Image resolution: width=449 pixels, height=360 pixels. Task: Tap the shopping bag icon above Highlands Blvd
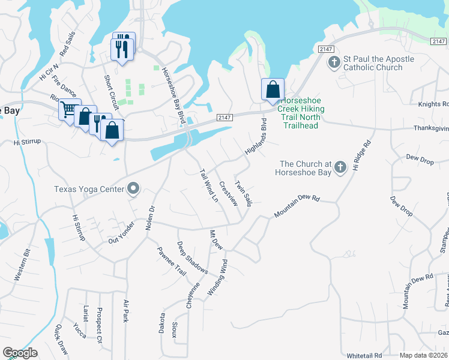click(x=273, y=89)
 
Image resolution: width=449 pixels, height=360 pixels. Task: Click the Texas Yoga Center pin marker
click(x=133, y=189)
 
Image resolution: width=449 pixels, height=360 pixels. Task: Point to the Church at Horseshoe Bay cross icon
click(x=340, y=166)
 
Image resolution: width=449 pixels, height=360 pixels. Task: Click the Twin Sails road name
click(x=244, y=194)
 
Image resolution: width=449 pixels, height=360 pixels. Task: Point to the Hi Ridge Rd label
click(x=362, y=155)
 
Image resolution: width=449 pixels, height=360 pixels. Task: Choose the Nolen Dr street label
click(x=150, y=218)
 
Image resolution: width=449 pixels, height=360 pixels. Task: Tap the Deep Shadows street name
click(x=192, y=258)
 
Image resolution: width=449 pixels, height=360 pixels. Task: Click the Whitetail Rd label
click(x=364, y=355)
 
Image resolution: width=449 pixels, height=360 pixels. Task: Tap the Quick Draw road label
click(x=62, y=340)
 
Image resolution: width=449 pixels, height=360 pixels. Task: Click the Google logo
click(x=20, y=353)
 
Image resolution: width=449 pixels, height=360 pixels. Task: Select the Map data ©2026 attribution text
click(x=423, y=355)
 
